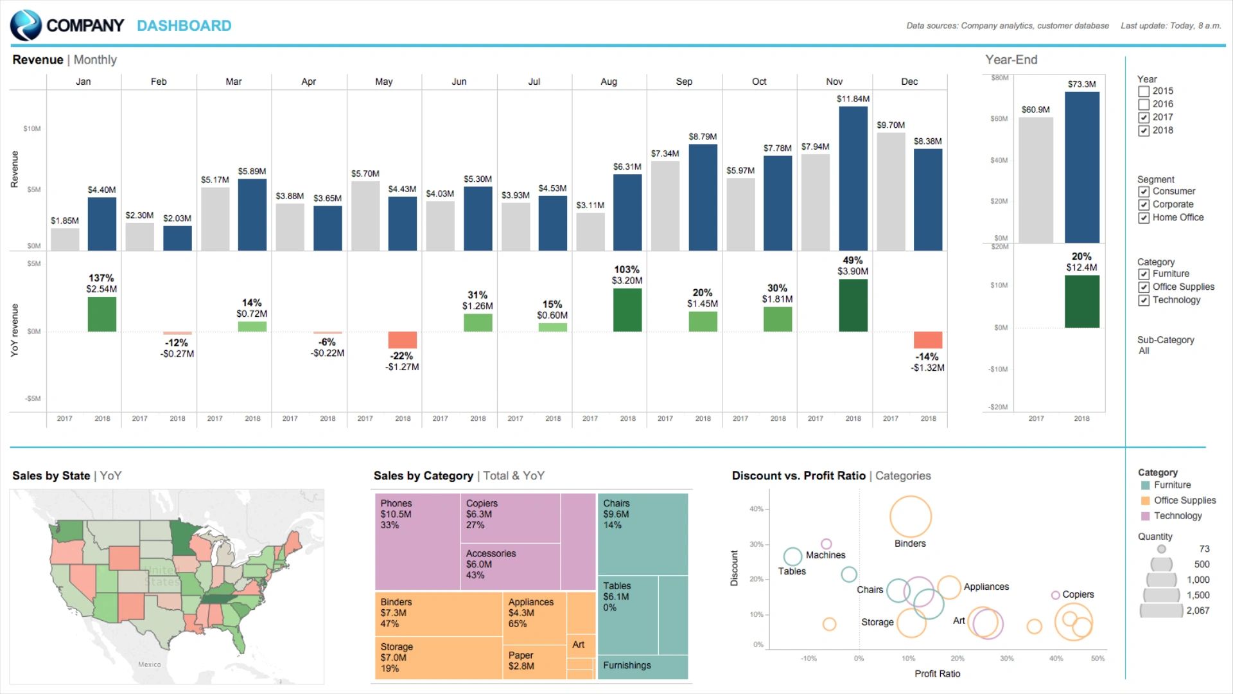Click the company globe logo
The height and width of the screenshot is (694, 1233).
click(x=26, y=26)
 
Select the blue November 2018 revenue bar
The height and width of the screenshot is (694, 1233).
click(x=853, y=178)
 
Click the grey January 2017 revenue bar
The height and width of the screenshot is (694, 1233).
click(x=65, y=239)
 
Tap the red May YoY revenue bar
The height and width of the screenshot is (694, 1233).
click(x=403, y=340)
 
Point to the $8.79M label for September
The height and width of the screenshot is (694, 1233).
click(x=703, y=137)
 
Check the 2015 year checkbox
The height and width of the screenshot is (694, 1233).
click(x=1144, y=91)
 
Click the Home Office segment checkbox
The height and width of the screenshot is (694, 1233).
click(x=1144, y=218)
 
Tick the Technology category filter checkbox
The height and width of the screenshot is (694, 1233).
click(x=1144, y=300)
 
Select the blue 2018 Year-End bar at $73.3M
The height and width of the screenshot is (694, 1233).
click(x=1081, y=167)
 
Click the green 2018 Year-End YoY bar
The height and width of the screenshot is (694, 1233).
click(x=1081, y=301)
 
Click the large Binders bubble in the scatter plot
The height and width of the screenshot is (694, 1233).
click(x=910, y=517)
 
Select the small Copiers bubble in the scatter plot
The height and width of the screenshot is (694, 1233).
click(x=1055, y=595)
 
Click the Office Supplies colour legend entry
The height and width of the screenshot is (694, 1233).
click(x=1184, y=501)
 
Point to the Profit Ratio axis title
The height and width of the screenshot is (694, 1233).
click(x=937, y=673)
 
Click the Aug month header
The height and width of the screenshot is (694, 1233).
click(x=609, y=82)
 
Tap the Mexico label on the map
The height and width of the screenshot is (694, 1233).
click(x=150, y=664)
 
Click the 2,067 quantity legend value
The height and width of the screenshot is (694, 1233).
click(x=1197, y=610)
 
